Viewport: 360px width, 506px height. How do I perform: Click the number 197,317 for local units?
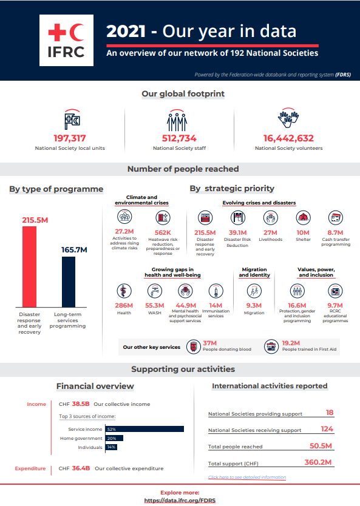pyautogui.click(x=70, y=138)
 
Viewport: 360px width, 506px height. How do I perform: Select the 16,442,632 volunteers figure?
pyautogui.click(x=288, y=138)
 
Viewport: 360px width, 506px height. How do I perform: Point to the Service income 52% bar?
pyautogui.click(x=144, y=429)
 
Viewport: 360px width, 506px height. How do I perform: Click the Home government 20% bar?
pyautogui.click(x=114, y=438)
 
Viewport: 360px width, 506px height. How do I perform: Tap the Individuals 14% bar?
pyautogui.click(x=110, y=447)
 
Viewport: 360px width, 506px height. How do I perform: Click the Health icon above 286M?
pyautogui.click(x=124, y=291)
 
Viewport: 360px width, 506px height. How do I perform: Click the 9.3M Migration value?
pyautogui.click(x=254, y=306)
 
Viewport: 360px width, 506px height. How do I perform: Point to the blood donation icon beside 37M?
pyautogui.click(x=193, y=347)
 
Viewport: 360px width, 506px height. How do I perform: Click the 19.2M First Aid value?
pyautogui.click(x=291, y=343)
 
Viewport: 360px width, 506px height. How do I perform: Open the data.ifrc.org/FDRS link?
pyautogui.click(x=180, y=501)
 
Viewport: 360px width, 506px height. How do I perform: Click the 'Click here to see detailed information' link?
pyautogui.click(x=246, y=477)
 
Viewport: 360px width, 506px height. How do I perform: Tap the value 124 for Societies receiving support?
pyautogui.click(x=327, y=429)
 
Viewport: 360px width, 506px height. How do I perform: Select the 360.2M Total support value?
pyautogui.click(x=318, y=462)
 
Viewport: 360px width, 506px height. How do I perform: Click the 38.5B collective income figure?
pyautogui.click(x=81, y=404)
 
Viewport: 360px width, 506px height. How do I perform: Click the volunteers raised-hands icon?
pyautogui.click(x=288, y=118)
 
